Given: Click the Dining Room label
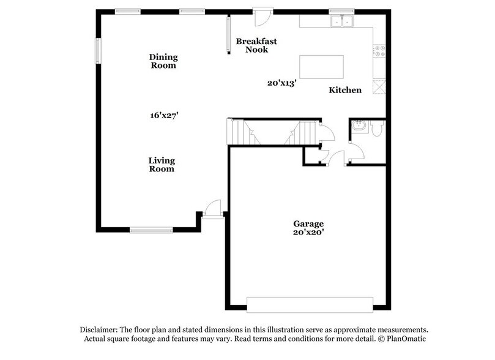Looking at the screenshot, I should coord(163,61).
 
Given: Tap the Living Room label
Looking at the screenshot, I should coord(162,165).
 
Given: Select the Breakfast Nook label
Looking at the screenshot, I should coord(256,45).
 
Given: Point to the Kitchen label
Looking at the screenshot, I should coord(345,90).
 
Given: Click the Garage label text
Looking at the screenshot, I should coord(308,224).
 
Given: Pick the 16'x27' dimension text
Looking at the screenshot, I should coord(163,114).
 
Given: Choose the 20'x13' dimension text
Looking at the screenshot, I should coord(282,83).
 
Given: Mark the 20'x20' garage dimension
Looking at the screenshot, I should coord(308,233).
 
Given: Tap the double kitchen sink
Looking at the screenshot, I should coord(342,21).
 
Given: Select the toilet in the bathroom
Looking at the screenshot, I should coord(377,129).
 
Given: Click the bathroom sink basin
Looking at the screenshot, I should coord(358,127).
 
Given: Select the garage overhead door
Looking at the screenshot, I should coord(309,304).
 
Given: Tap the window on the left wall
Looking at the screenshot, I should coord(97,50).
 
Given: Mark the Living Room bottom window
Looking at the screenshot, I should coord(151,230).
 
